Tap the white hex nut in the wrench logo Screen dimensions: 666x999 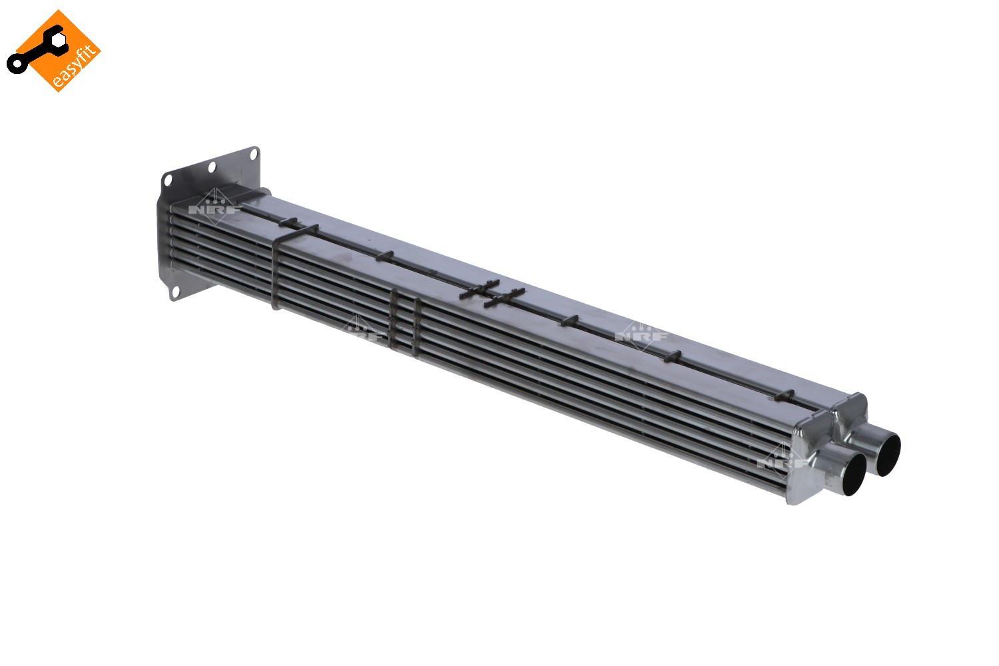[x=59, y=41]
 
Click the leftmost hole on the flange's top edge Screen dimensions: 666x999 [x=166, y=179]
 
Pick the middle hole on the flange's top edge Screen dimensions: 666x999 [x=212, y=167]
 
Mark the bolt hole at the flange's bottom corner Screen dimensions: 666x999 [x=175, y=292]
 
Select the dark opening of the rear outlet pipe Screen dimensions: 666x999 [x=888, y=455]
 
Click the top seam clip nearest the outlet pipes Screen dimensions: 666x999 [x=787, y=395]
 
